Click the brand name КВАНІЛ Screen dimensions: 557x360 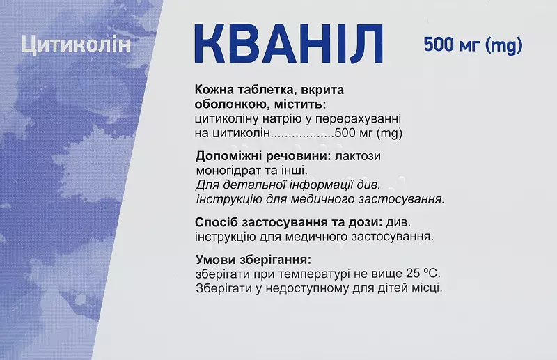[x=288, y=44]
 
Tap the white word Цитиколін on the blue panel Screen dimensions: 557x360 [x=76, y=45]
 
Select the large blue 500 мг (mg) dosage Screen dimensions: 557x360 [x=473, y=45]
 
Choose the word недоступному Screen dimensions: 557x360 [x=307, y=288]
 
